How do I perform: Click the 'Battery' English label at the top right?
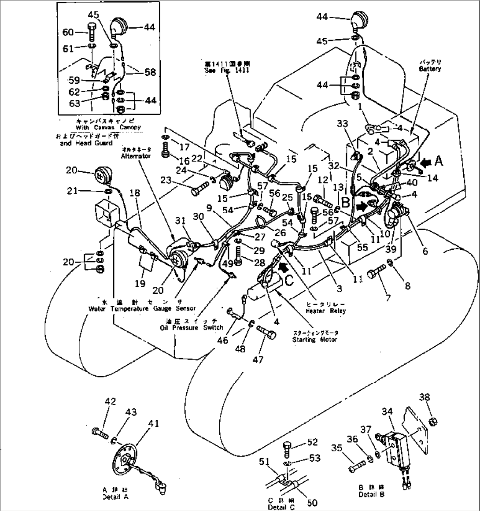430,69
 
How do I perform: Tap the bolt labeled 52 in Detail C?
286,448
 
